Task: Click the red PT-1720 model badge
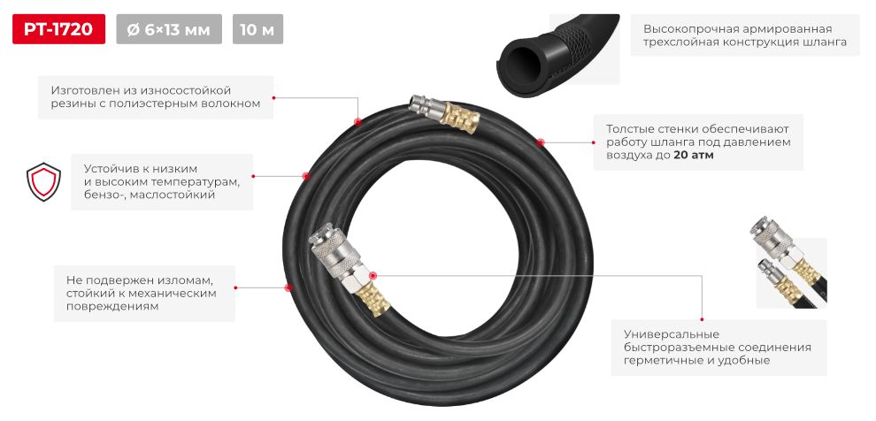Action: (58, 29)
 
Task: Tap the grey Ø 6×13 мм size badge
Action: (169, 29)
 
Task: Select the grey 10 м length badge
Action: (257, 29)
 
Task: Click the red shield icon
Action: (43, 181)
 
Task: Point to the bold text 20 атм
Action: (694, 156)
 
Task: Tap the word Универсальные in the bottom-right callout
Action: (664, 334)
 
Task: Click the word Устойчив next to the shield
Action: (108, 169)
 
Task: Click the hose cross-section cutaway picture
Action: (557, 54)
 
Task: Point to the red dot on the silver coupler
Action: (373, 275)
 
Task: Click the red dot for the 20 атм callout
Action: (541, 142)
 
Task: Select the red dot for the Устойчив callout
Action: (305, 176)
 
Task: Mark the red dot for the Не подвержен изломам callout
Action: (288, 287)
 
